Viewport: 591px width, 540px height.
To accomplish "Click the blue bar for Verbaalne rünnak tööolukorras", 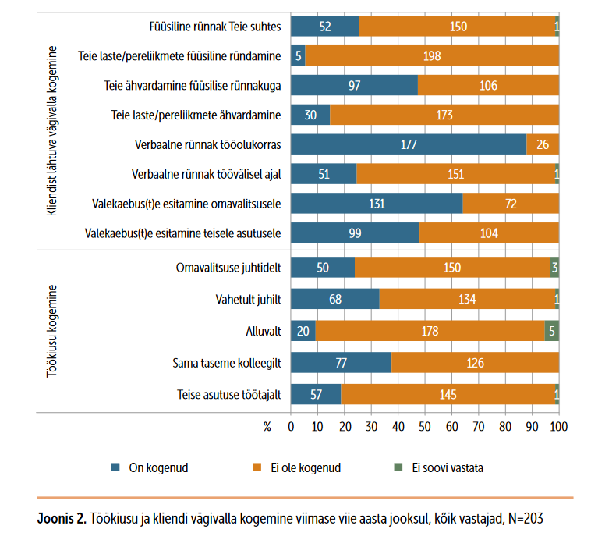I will [x=408, y=146].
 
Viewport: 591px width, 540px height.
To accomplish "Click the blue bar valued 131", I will [x=376, y=204].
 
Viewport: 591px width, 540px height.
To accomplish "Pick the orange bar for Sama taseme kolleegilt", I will [x=475, y=363].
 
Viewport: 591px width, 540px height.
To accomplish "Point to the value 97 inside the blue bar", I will [x=354, y=86].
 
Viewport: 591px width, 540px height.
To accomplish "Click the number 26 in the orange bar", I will [x=543, y=146].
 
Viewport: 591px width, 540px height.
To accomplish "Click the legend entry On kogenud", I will [x=154, y=468].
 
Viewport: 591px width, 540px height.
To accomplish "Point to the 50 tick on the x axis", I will [x=425, y=427].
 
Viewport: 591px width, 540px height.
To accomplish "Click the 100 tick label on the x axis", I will [x=559, y=427].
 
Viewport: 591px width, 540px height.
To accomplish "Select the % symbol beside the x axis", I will [x=268, y=427].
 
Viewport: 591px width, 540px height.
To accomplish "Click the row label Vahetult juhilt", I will [x=248, y=299].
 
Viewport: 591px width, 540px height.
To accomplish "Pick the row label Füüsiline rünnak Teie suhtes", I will [x=214, y=27].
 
